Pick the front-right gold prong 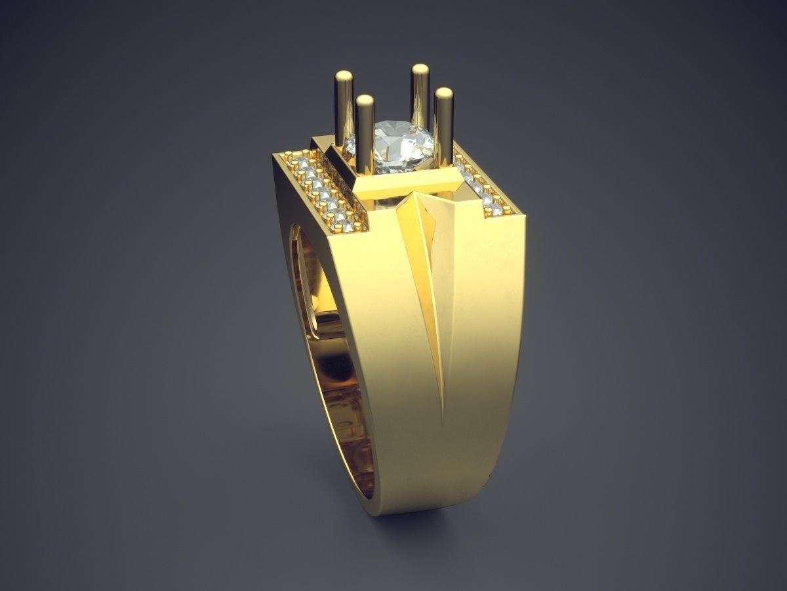tap(444, 128)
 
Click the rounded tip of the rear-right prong tap(420, 69)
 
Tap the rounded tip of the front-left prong tap(365, 100)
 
